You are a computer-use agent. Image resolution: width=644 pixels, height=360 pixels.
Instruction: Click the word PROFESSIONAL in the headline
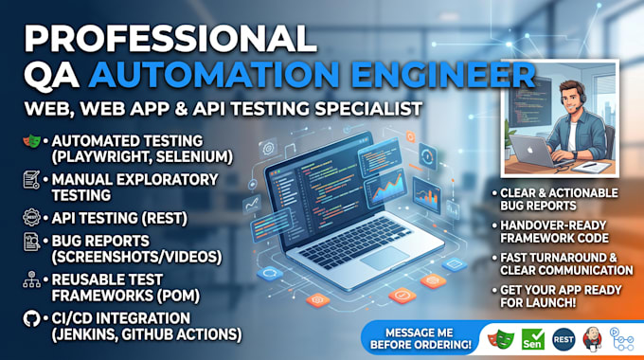170,38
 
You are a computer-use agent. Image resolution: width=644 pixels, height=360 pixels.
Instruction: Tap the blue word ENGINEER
443,75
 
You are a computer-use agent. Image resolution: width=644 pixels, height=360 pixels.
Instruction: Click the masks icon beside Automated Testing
31,141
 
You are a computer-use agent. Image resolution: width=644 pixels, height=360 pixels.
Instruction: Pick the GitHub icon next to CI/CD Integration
31,318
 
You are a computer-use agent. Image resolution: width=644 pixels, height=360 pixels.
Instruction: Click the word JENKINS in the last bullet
84,334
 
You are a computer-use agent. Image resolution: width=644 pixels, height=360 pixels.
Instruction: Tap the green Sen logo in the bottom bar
532,339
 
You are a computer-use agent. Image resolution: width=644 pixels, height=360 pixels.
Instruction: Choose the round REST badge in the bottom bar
563,339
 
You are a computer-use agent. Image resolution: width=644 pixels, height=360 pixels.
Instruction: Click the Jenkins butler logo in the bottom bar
592,339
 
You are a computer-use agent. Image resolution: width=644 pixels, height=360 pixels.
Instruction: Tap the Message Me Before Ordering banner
420,338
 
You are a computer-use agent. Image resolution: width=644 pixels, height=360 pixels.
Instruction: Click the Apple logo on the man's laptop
530,151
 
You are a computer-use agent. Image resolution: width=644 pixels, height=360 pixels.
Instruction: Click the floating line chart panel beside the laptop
385,188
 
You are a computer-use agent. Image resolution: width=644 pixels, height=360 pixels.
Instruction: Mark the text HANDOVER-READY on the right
553,225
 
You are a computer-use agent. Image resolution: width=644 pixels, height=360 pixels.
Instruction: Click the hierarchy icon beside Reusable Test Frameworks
31,279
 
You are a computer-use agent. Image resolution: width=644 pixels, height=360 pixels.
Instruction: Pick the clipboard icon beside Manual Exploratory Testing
31,180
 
